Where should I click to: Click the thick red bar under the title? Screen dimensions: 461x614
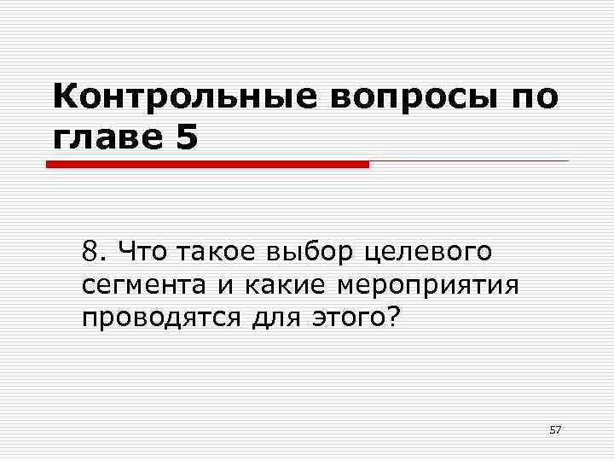(x=207, y=164)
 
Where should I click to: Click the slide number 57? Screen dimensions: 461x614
(x=555, y=429)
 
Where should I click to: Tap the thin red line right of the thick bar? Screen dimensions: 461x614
(x=468, y=160)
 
